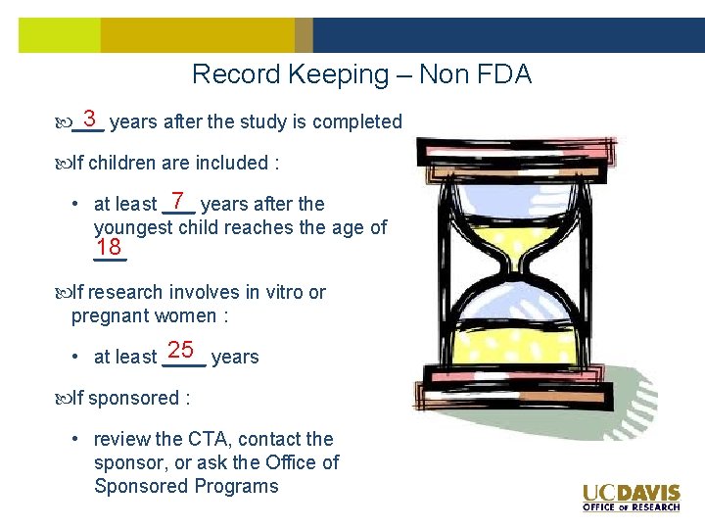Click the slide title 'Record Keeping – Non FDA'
(x=361, y=74)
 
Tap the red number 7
(x=178, y=200)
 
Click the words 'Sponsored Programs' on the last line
(x=186, y=486)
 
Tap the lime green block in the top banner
(x=60, y=35)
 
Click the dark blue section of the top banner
(x=508, y=35)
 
